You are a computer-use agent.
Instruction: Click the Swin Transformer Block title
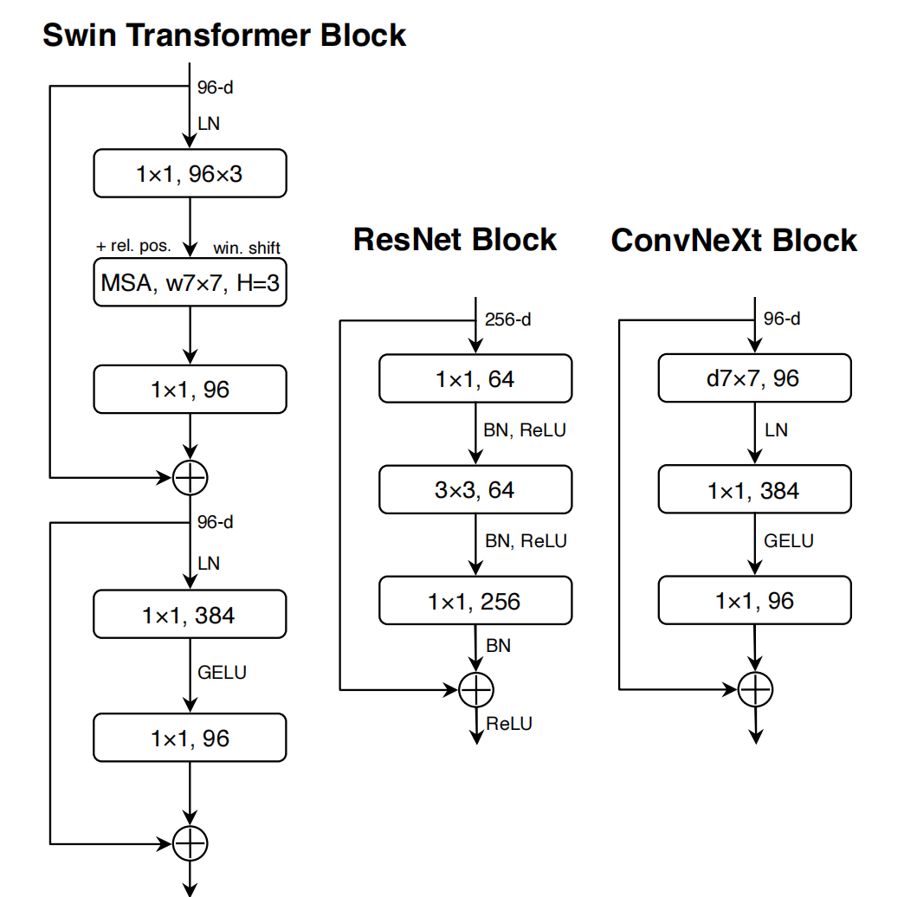pyautogui.click(x=224, y=35)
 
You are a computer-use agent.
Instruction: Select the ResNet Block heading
pyautogui.click(x=455, y=239)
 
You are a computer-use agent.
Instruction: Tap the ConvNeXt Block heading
pyautogui.click(x=733, y=240)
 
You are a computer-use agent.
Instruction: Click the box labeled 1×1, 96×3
pyautogui.click(x=190, y=174)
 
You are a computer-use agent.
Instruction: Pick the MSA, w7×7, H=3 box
pyautogui.click(x=190, y=283)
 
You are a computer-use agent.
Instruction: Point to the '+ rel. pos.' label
pyautogui.click(x=133, y=246)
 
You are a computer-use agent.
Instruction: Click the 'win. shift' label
pyautogui.click(x=247, y=248)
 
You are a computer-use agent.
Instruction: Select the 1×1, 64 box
pyautogui.click(x=475, y=378)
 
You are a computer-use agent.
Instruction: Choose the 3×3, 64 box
pyautogui.click(x=475, y=490)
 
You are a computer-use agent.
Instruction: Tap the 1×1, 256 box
pyautogui.click(x=475, y=601)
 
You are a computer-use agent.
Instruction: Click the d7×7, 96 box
pyautogui.click(x=755, y=378)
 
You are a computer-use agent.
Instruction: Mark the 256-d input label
pyautogui.click(x=508, y=319)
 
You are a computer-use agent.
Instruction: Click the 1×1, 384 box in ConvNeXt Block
pyautogui.click(x=755, y=490)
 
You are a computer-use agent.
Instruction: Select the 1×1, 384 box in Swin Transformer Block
pyautogui.click(x=190, y=615)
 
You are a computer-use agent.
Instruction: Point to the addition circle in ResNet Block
pyautogui.click(x=475, y=689)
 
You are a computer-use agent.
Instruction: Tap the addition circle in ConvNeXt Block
pyautogui.click(x=755, y=689)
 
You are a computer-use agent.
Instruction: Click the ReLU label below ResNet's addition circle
pyautogui.click(x=509, y=723)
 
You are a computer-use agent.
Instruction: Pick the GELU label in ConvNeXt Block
pyautogui.click(x=788, y=541)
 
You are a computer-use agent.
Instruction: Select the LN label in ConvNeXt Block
pyautogui.click(x=776, y=429)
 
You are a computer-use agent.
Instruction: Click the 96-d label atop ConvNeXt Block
pyautogui.click(x=782, y=319)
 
